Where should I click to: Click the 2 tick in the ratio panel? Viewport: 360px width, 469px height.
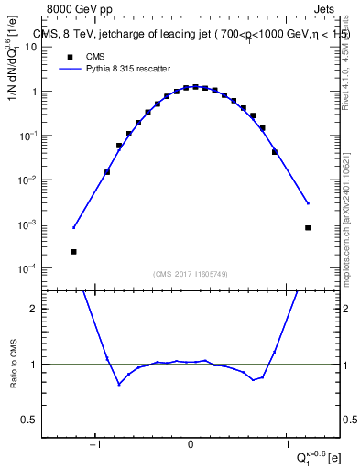(38, 309)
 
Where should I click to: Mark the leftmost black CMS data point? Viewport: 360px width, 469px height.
(73, 251)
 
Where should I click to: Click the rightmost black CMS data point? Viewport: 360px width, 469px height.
(308, 227)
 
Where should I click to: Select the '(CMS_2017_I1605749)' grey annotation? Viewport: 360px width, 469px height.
(191, 274)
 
